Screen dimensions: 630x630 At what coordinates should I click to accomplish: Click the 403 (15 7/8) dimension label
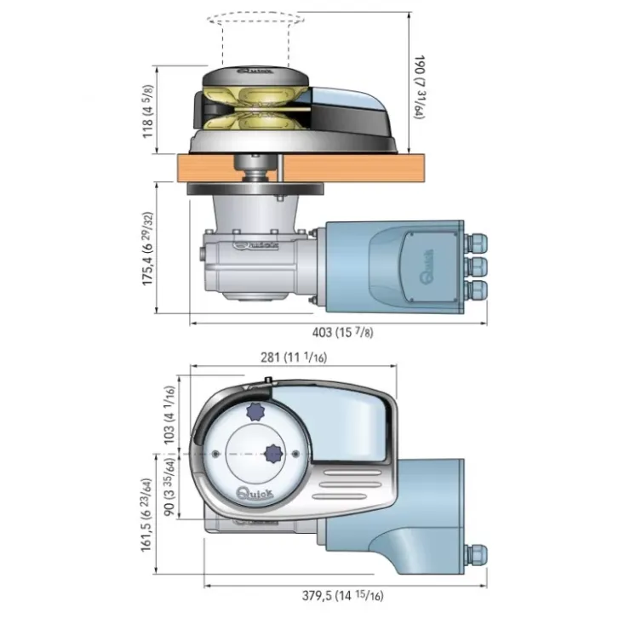click(x=343, y=332)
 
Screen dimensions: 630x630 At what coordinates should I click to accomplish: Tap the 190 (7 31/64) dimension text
click(x=419, y=87)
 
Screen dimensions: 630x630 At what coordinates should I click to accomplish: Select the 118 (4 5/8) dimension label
click(x=147, y=112)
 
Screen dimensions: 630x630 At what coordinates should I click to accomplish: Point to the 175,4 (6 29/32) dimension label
click(x=147, y=249)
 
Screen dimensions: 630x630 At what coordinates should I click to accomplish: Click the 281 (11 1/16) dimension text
click(x=294, y=358)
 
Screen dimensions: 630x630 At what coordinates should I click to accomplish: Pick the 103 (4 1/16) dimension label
click(x=169, y=415)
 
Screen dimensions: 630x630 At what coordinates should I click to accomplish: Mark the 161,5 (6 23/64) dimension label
click(x=146, y=515)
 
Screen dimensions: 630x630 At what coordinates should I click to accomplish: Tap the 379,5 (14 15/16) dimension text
click(x=343, y=595)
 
